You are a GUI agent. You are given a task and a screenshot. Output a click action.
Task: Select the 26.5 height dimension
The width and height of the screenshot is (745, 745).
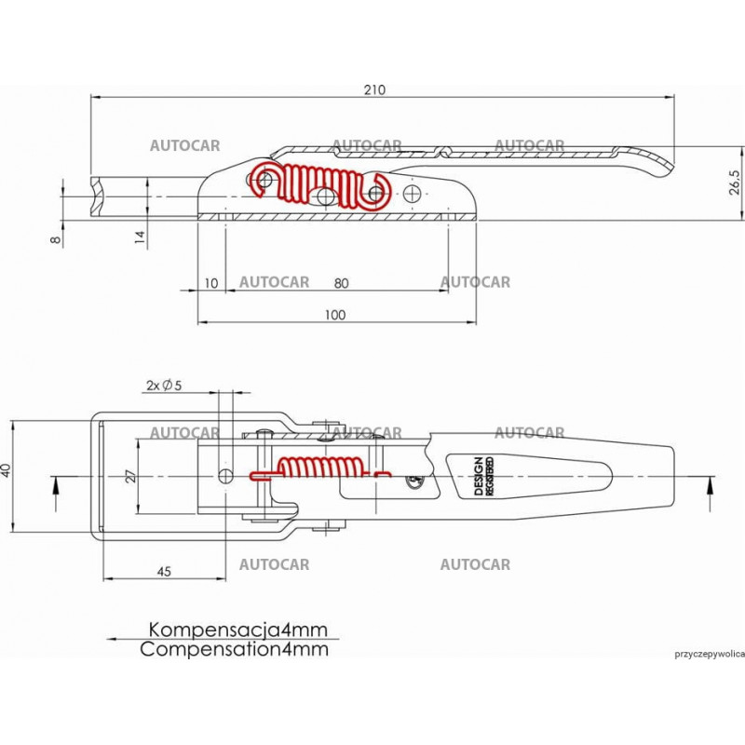(735, 183)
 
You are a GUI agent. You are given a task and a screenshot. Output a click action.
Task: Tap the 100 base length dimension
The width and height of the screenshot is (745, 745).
(335, 315)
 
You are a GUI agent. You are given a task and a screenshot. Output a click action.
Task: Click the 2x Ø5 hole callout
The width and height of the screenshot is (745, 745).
(164, 385)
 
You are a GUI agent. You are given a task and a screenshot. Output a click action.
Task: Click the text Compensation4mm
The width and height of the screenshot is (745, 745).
(235, 650)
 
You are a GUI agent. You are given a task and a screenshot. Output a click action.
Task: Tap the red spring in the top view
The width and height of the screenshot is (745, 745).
(317, 468)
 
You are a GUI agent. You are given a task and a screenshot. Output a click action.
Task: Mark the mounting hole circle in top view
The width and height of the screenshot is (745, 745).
(225, 476)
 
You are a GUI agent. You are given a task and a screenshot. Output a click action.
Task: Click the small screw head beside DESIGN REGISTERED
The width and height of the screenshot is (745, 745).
(414, 481)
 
